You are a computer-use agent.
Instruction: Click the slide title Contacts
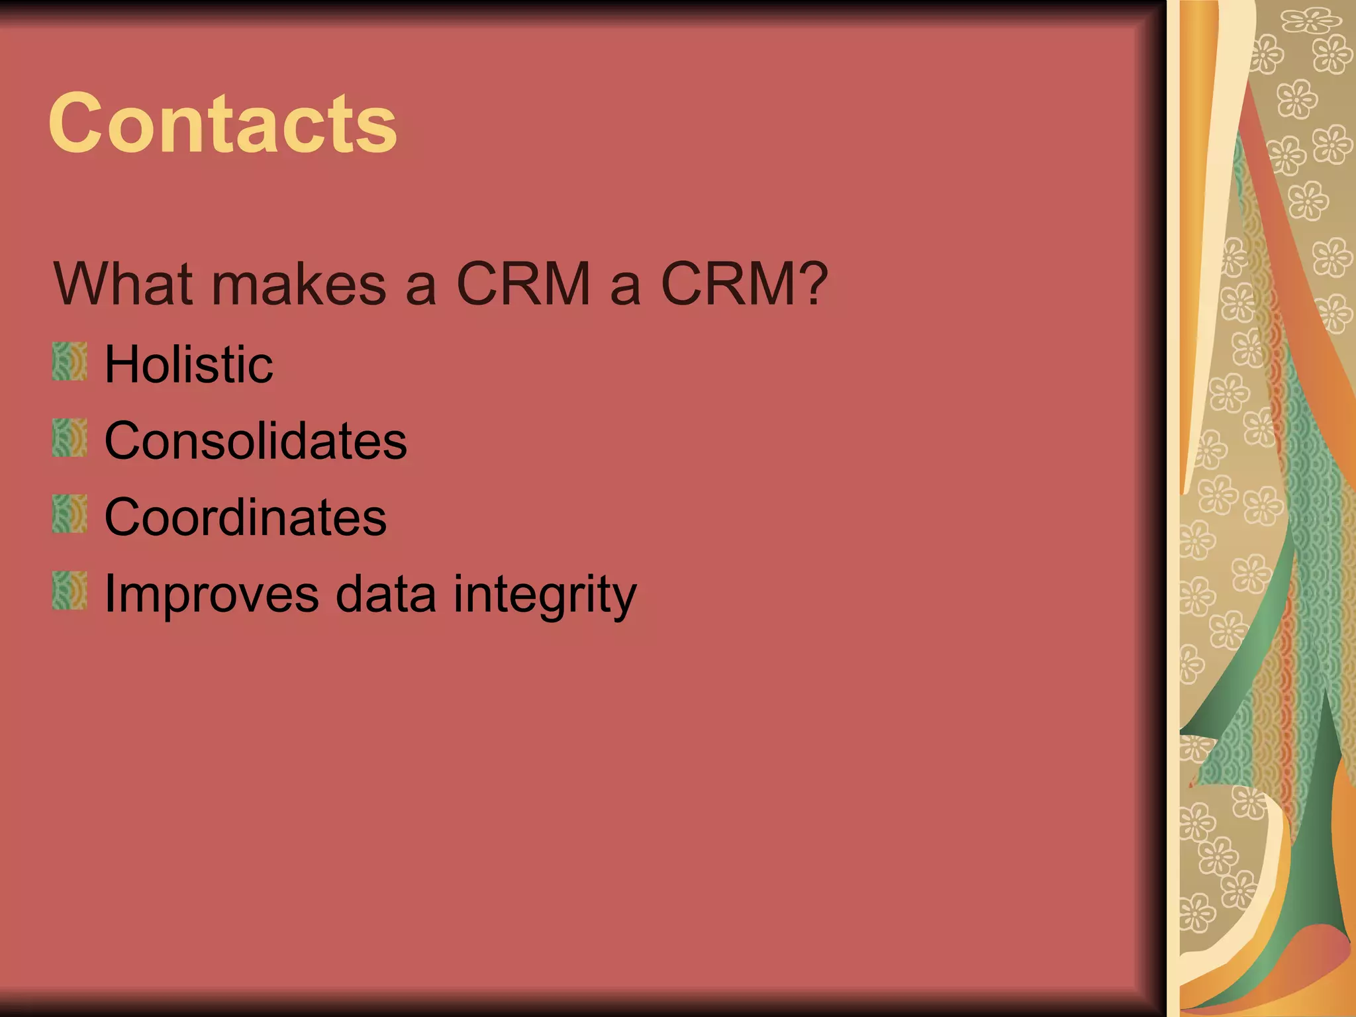223,124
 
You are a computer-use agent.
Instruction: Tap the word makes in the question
299,284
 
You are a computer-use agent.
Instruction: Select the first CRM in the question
523,284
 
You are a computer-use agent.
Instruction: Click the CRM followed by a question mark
728,284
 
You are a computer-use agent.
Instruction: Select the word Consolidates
256,441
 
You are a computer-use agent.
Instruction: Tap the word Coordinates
246,517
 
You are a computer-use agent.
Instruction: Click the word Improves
211,595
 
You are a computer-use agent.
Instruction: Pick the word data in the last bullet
386,595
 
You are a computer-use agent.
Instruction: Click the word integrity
545,595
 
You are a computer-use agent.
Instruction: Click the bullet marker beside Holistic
70,362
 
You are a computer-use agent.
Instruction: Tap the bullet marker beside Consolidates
70,438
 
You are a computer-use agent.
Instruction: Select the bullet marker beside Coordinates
70,514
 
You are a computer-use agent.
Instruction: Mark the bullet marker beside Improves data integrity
70,591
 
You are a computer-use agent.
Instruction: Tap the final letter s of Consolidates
395,444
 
